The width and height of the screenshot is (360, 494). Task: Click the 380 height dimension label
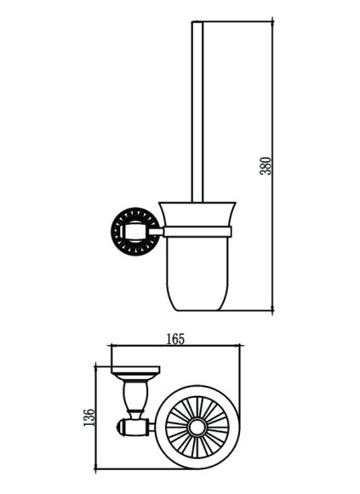266,165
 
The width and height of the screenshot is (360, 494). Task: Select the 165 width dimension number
175,339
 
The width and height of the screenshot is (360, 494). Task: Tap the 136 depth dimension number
89,417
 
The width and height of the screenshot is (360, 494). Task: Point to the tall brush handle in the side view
197,112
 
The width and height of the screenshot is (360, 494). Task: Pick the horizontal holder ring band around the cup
197,231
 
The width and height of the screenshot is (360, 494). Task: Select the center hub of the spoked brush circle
197,428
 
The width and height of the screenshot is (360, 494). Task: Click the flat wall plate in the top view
135,370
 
